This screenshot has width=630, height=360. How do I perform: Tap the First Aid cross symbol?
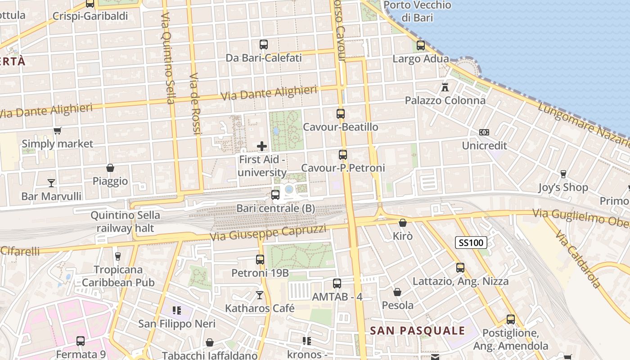click(262, 146)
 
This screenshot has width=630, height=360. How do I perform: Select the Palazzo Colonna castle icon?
click(445, 87)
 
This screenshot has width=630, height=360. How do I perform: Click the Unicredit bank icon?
click(484, 132)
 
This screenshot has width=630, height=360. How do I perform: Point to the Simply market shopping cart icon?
click(57, 131)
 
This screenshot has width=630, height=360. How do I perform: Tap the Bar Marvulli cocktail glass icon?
click(51, 183)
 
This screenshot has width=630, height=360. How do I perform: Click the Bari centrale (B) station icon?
click(275, 195)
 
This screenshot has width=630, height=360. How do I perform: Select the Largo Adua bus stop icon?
click(421, 45)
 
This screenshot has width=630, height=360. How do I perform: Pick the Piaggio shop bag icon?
click(110, 168)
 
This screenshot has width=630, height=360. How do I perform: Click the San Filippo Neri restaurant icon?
click(176, 310)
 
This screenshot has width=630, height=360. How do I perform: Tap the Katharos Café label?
click(260, 308)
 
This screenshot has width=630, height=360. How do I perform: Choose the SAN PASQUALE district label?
click(417, 331)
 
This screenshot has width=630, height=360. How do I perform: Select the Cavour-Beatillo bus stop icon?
click(341, 114)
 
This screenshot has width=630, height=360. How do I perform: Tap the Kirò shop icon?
click(403, 223)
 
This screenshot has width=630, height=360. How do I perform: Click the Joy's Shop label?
click(563, 187)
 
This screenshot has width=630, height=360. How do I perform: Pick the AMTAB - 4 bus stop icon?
click(337, 283)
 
